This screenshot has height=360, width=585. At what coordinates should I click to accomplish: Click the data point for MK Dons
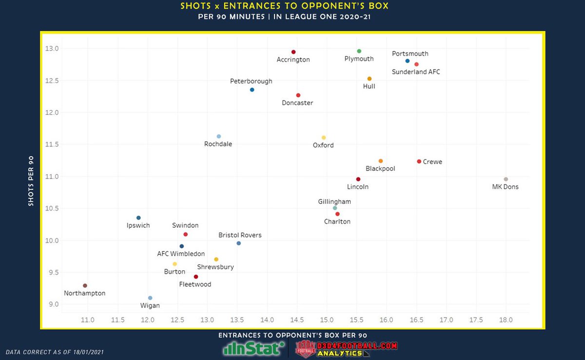click(x=506, y=180)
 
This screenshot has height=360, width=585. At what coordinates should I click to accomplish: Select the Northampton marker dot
click(x=85, y=285)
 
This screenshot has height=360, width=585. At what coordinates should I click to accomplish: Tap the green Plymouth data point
click(x=359, y=51)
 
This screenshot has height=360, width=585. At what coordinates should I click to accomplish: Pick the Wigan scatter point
click(x=150, y=298)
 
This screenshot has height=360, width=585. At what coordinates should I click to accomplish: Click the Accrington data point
click(x=293, y=52)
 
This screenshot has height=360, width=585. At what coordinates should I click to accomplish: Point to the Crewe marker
click(x=419, y=161)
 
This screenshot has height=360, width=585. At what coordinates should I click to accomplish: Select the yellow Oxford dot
click(x=323, y=138)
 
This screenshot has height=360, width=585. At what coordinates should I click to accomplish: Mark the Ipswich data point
click(x=138, y=218)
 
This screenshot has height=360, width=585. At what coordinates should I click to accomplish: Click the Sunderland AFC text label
click(x=416, y=72)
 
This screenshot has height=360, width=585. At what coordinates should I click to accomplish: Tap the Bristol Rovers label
click(x=240, y=235)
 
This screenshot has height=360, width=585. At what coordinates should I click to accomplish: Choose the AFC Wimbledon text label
click(x=181, y=254)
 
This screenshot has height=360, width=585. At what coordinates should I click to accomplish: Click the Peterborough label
click(x=251, y=81)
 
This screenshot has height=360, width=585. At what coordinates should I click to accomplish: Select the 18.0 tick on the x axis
click(x=506, y=320)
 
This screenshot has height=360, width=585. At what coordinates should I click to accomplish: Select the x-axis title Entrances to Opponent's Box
click(x=292, y=335)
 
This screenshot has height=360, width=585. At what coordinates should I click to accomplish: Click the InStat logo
click(x=253, y=348)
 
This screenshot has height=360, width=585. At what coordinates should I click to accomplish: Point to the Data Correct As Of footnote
click(x=55, y=352)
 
